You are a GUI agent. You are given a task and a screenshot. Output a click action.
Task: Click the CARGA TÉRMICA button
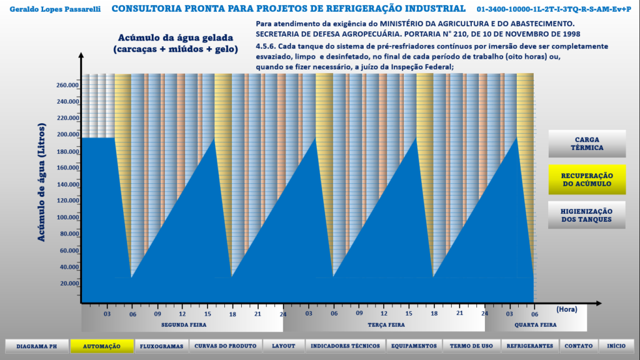coord(587,144)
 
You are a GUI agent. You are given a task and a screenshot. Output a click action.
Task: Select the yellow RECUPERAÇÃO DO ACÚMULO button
coord(587,179)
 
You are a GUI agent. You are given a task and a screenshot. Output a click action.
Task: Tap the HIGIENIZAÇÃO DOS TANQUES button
coord(587,215)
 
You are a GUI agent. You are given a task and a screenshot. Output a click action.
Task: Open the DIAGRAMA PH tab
coord(36,346)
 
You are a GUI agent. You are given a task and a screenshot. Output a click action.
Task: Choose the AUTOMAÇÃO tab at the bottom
coord(102,346)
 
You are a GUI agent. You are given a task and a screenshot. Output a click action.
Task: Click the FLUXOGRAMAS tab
coord(162,346)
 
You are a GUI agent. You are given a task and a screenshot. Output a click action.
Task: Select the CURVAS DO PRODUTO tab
coord(225,346)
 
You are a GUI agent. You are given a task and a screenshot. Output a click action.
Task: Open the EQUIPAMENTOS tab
coord(414,346)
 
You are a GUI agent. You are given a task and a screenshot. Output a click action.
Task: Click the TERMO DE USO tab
coord(471,346)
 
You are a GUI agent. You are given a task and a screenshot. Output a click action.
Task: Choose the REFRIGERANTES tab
coord(530,346)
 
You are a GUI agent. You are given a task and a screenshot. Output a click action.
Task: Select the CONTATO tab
coord(579,346)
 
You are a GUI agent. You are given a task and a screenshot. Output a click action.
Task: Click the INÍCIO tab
coord(616,346)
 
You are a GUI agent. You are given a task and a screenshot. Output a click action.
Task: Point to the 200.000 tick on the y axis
coord(67,134)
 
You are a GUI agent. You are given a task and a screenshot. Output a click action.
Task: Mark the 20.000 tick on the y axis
coord(69,284)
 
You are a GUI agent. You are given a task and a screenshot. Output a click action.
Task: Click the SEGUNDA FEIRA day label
coord(184,325)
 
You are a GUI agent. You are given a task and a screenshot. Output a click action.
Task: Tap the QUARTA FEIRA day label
coord(536,325)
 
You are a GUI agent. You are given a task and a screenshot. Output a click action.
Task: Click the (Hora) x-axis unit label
coord(566,309)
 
